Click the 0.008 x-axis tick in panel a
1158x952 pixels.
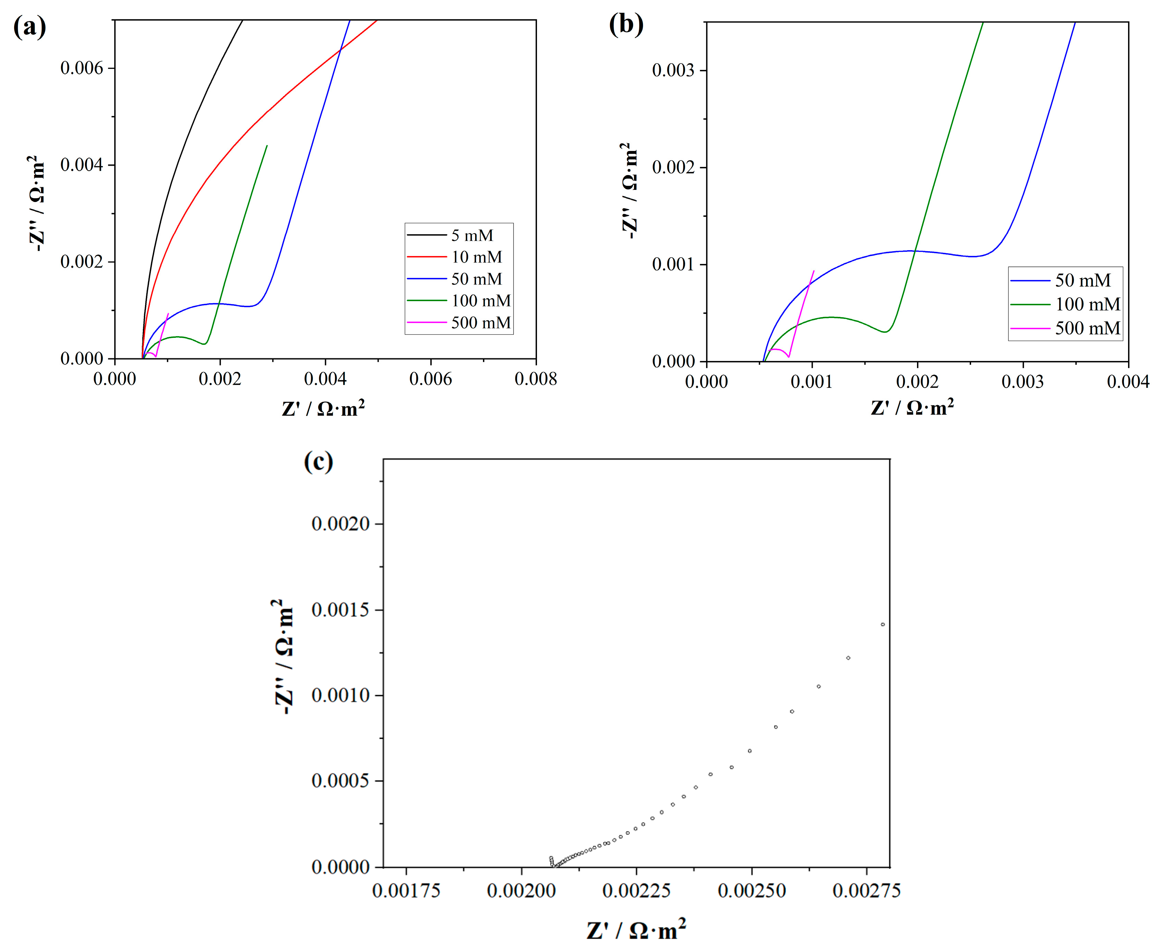(535, 379)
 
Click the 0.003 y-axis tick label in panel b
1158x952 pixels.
(673, 70)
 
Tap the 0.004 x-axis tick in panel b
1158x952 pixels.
(1128, 382)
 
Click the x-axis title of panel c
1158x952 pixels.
(636, 930)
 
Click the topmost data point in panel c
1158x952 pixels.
(883, 624)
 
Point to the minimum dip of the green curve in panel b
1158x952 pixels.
(885, 332)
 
